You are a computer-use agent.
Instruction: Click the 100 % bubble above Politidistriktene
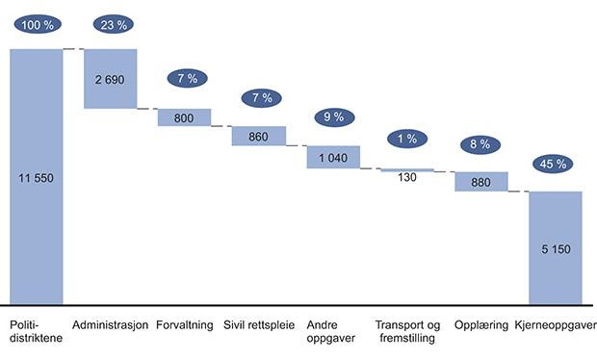tap(37, 25)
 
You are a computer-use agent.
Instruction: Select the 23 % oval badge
tap(111, 25)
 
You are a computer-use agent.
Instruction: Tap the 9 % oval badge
tap(333, 117)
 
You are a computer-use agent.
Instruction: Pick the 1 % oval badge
tap(407, 139)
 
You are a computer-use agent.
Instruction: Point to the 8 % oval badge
tap(480, 145)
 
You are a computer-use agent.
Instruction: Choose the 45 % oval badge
tap(555, 164)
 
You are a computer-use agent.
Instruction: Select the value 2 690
tap(111, 78)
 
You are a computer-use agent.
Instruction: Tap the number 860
tap(258, 137)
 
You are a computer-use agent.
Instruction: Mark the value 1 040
tap(333, 158)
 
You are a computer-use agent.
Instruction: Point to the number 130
tap(407, 179)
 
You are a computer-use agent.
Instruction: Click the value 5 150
tap(555, 248)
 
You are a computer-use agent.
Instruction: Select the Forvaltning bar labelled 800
tap(184, 117)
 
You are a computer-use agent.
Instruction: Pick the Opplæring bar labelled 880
tap(480, 182)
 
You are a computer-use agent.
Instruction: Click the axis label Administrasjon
tap(110, 324)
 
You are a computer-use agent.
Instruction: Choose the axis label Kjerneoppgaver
tap(555, 324)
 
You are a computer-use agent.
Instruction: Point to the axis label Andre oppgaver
tap(332, 331)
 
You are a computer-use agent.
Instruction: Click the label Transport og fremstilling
tap(407, 331)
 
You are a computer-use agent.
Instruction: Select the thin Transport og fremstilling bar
tap(407, 170)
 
